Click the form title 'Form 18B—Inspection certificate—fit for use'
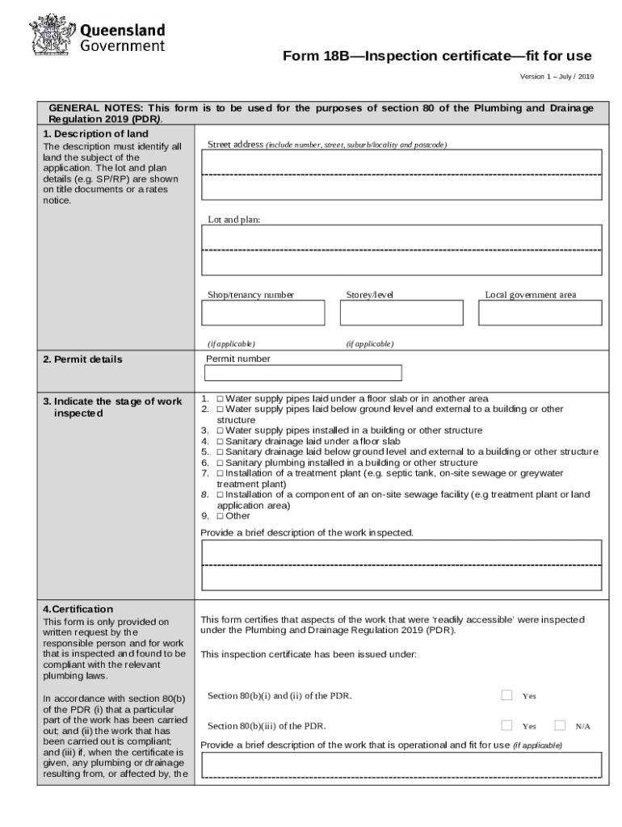[x=436, y=57]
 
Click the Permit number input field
[x=303, y=373]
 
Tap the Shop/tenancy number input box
[x=263, y=313]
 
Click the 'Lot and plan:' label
[x=234, y=220]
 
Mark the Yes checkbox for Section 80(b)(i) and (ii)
[x=506, y=695]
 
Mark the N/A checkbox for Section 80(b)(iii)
[x=560, y=725]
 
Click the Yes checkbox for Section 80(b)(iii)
[x=506, y=725]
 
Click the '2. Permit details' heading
[x=82, y=359]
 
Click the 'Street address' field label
[x=235, y=145]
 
